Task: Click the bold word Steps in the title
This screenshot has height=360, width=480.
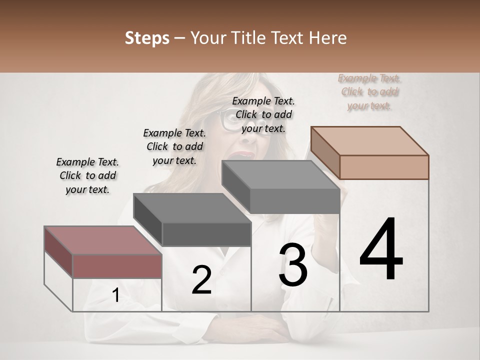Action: click(x=147, y=38)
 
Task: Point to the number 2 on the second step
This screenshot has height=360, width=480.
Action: click(x=201, y=280)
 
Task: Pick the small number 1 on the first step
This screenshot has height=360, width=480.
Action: click(x=115, y=295)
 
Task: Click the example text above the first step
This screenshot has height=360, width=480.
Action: click(x=88, y=175)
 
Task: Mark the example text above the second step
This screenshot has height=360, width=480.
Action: click(x=174, y=146)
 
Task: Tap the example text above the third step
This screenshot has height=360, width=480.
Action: click(x=263, y=114)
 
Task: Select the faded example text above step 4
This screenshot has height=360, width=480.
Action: click(x=369, y=91)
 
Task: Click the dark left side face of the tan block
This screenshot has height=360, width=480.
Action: click(x=325, y=152)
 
